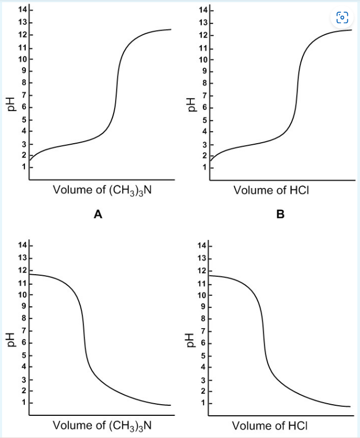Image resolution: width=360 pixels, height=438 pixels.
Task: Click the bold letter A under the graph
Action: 97,214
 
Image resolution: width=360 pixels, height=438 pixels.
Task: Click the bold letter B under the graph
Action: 280,214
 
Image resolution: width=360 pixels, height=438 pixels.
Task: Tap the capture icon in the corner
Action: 343,17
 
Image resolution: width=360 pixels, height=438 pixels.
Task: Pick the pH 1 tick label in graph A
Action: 24,167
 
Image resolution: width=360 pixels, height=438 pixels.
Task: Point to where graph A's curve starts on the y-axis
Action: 30,160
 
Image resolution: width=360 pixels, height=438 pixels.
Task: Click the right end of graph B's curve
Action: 351,30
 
